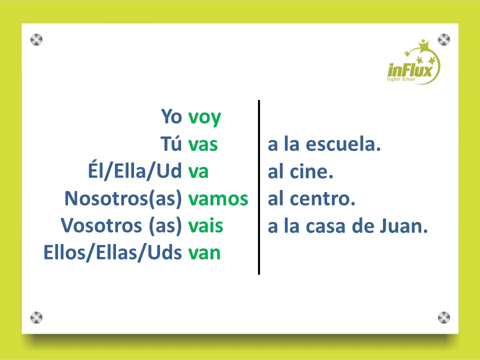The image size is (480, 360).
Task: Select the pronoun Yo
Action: [171, 116]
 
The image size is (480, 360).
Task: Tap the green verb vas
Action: [203, 144]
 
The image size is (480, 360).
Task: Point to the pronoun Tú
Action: [171, 143]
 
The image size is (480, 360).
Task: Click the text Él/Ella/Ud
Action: [134, 170]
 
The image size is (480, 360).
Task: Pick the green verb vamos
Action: [218, 198]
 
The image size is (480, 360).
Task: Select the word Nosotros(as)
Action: [123, 199]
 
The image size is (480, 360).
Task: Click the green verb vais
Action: [205, 226]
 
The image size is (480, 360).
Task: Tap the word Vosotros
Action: [101, 226]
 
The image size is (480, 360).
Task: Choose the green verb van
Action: [204, 253]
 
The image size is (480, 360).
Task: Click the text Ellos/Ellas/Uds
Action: [112, 253]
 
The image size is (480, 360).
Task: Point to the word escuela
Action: [343, 144]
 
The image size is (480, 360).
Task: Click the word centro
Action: [322, 199]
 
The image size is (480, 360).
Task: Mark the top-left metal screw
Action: [36, 40]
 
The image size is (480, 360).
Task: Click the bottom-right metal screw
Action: [444, 317]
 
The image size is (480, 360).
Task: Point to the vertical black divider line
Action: [259, 187]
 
